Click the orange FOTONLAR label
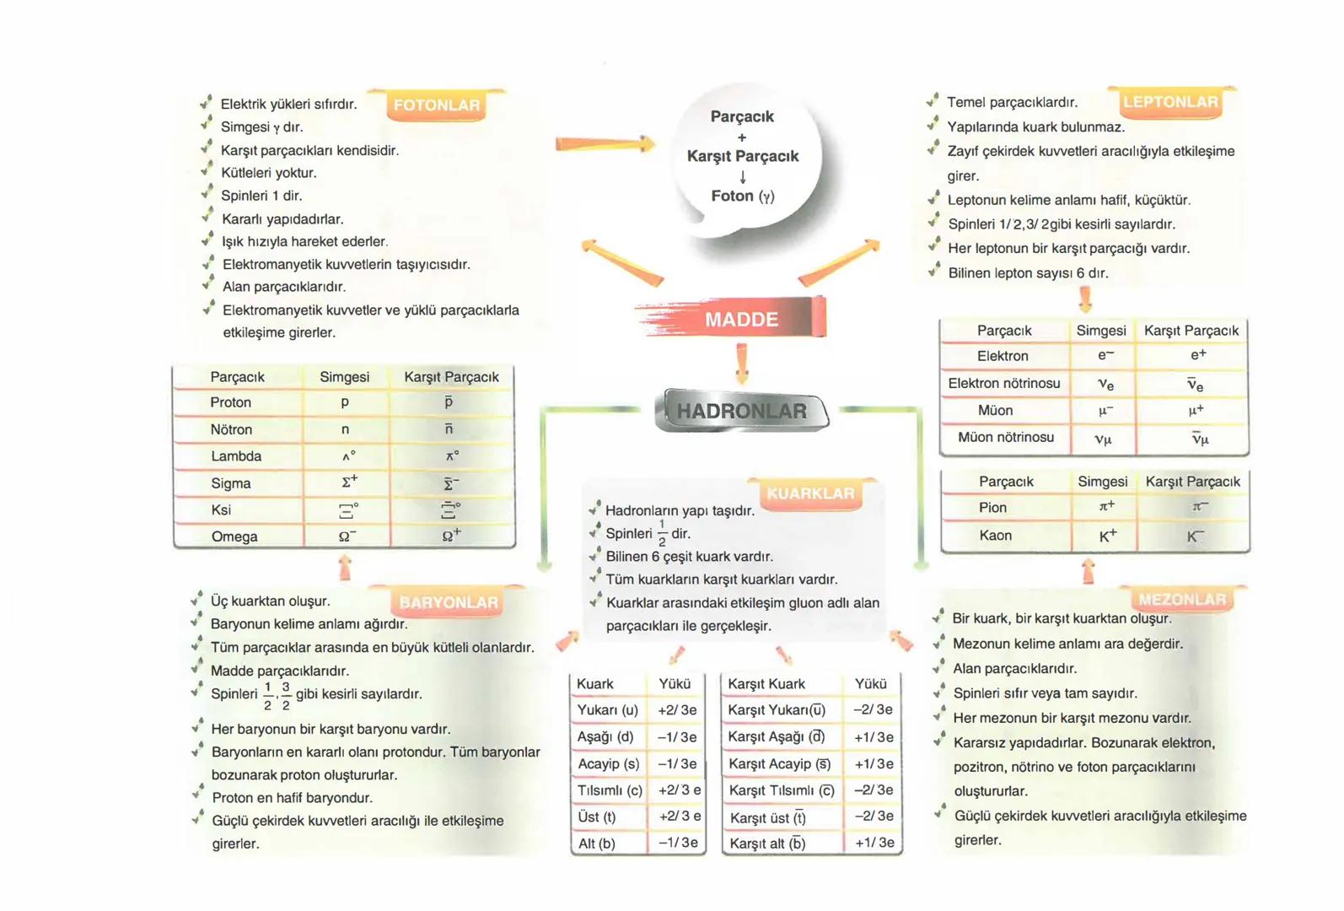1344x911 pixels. point(436,105)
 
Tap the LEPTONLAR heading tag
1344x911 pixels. point(1170,102)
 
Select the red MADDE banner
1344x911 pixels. point(741,320)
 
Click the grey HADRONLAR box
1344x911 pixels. point(741,411)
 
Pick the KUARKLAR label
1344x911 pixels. point(809,493)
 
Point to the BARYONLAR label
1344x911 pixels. point(449,602)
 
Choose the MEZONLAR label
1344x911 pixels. point(1182,600)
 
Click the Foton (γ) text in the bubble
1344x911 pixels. point(742,196)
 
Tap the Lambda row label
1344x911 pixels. point(236,456)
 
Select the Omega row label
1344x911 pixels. point(234,536)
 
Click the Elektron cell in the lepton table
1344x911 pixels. point(1003,356)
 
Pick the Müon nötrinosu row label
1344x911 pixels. point(1005,437)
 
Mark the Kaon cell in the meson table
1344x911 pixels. point(995,536)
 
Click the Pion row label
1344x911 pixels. point(992,508)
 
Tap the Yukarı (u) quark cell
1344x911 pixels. point(607,710)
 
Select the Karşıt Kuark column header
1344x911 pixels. point(766,684)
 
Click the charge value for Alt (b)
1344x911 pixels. point(678,843)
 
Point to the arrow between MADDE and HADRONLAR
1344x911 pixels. point(742,363)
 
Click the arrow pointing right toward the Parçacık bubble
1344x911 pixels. point(605,144)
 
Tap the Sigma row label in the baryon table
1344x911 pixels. point(231,483)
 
